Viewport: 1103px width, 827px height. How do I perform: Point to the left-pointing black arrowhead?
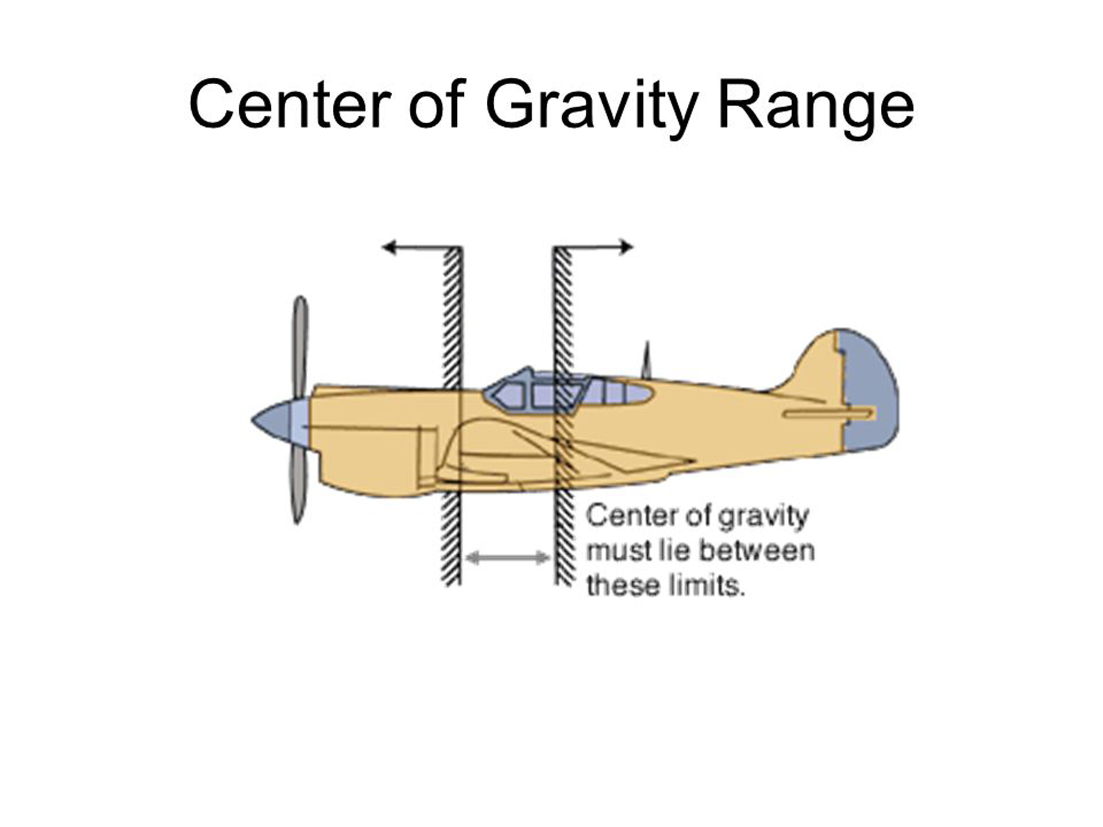(389, 247)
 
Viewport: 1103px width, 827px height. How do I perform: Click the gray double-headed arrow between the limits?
(508, 557)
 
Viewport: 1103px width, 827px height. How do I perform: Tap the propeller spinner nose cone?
(272, 420)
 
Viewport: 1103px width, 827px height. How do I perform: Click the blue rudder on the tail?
(868, 389)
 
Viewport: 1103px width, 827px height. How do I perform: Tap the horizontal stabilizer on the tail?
(828, 413)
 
